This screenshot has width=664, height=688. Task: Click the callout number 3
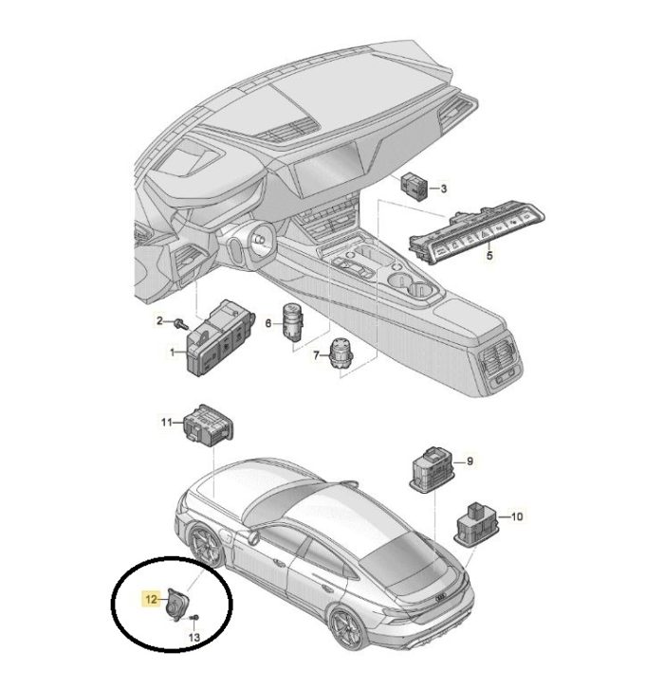point(444,189)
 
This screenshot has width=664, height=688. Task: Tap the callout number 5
point(489,255)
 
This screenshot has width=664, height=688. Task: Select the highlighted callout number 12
point(151,599)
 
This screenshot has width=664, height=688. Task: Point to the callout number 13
point(194,637)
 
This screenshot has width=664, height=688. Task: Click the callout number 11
point(166,423)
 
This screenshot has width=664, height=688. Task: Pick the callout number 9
point(470,462)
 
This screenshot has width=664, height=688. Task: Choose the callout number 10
point(517,516)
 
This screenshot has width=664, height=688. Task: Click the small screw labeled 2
point(181,324)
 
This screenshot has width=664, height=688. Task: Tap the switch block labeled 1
point(219,338)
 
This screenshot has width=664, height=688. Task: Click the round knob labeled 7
point(341,354)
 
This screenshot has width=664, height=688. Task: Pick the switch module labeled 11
point(208,425)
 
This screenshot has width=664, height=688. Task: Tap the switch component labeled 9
point(433,469)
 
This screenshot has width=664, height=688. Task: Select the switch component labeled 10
point(476,524)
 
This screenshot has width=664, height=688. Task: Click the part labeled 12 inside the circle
point(176,605)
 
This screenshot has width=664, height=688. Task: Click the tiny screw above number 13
point(195,617)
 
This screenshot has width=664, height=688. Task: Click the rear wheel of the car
point(347,628)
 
